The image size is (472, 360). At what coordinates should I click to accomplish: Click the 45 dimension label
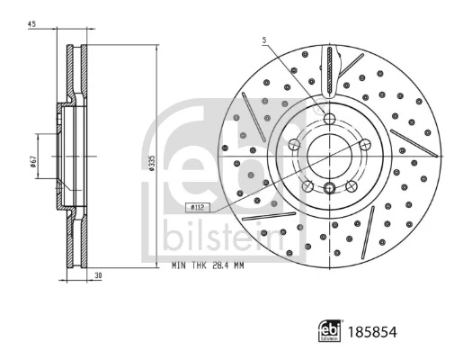click(x=31, y=24)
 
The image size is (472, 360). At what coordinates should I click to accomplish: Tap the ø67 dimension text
click(x=32, y=161)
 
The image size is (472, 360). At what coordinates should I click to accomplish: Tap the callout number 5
click(x=264, y=40)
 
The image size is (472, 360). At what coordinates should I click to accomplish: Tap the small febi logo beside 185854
click(x=330, y=332)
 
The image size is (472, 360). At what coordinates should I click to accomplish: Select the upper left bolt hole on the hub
click(x=296, y=142)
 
